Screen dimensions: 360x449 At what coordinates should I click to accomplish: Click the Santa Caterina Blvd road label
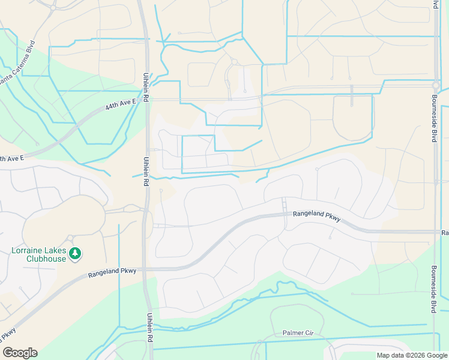point(17,64)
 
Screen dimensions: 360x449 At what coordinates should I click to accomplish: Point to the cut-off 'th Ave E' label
point(12,158)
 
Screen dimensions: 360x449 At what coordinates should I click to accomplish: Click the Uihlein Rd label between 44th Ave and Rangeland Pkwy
point(146,171)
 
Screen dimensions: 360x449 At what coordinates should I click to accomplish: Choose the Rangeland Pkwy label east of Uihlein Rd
point(316,216)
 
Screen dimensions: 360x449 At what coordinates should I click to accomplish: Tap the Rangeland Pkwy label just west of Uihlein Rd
point(112,272)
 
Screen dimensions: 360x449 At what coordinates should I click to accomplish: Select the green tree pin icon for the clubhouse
point(74,254)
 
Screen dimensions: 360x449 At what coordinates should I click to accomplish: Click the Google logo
point(20,353)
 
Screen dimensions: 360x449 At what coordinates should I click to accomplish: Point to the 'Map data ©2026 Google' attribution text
point(411,355)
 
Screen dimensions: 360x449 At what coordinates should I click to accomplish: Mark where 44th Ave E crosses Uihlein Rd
point(146,100)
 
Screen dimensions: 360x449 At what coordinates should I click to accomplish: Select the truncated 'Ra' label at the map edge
point(445,232)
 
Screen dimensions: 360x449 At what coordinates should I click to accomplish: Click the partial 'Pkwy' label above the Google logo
point(8,334)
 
